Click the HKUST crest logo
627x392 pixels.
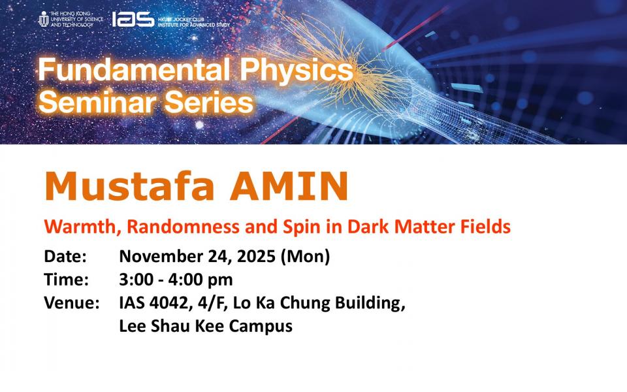44,19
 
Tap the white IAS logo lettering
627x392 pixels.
133,19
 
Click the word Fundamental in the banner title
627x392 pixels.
134,70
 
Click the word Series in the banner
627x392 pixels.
209,102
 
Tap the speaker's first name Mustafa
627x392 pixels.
129,186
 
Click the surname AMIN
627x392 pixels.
289,186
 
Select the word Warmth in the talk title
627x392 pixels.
83,227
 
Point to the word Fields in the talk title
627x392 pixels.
485,227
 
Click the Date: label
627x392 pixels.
65,256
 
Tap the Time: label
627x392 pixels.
67,280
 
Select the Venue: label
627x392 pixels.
72,302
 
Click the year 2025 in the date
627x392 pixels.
256,256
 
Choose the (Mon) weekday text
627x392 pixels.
305,257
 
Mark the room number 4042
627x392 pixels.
168,302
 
